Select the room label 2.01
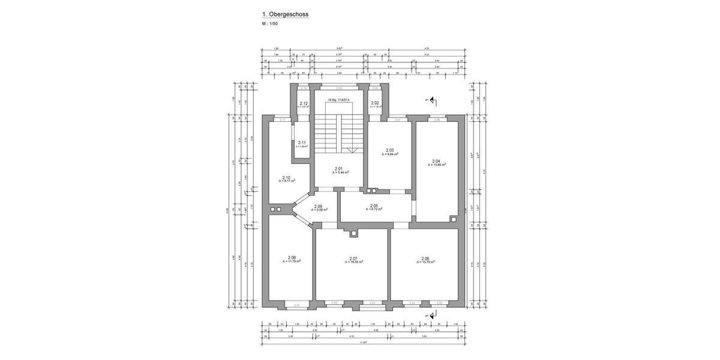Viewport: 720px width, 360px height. [338, 169]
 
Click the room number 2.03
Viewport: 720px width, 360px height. [389, 150]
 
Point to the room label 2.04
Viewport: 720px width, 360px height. [436, 161]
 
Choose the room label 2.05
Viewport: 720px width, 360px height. [373, 206]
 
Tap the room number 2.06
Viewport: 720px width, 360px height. [425, 258]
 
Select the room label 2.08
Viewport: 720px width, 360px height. [292, 257]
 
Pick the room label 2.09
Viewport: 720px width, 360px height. [318, 206]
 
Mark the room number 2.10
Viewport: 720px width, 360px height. [286, 178]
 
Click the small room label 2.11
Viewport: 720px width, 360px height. [302, 142]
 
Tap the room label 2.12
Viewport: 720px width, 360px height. [304, 103]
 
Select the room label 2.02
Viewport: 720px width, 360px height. [375, 103]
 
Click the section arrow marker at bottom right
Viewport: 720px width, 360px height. [431, 313]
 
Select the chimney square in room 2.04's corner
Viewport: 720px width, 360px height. [454, 219]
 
